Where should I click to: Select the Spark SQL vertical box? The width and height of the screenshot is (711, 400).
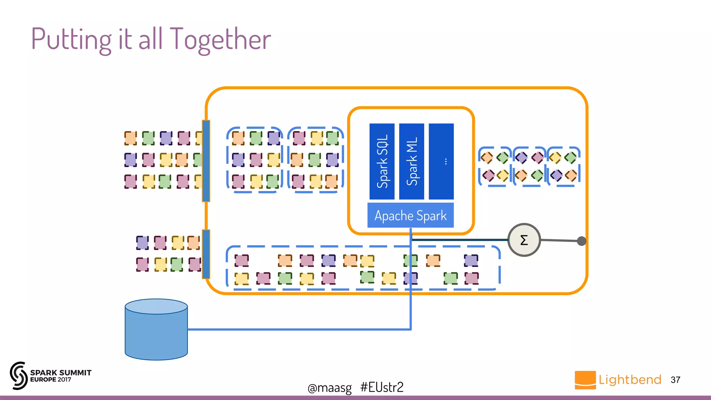pos(382,161)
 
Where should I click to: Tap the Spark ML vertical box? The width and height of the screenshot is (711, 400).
pos(411,161)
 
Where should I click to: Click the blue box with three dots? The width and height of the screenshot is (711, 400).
pos(441,161)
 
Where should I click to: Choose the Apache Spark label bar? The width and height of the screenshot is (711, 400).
pos(411,216)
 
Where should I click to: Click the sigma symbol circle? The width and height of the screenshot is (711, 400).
pos(524,240)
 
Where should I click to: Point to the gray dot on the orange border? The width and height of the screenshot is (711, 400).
pos(582,241)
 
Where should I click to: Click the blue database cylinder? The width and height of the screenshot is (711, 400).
pos(156,330)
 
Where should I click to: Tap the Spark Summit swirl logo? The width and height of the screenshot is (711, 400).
pos(18,375)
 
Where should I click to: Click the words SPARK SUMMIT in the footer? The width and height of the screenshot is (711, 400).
pos(61,373)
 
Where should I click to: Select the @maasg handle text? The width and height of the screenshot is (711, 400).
pos(329,387)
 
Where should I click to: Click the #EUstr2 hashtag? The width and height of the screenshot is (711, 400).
pos(382,387)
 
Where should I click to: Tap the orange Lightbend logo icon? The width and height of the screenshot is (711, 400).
pos(585,380)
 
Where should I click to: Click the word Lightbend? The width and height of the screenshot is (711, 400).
pos(630,380)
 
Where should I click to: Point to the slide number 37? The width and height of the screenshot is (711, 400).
pos(675,380)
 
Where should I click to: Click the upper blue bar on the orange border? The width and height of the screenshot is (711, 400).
pos(206,161)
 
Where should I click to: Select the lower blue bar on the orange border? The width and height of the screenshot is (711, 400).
pos(206,254)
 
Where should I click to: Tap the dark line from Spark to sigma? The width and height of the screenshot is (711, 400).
pos(458,240)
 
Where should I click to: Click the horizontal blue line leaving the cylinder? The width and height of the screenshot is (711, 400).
pos(299,329)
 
